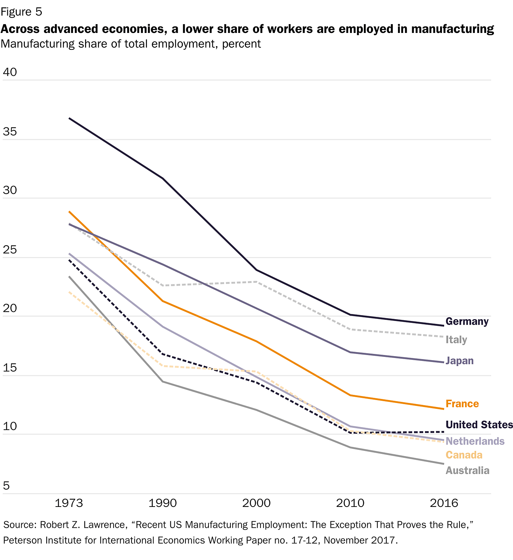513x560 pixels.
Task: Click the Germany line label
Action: point(467,321)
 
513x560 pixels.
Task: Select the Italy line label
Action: point(456,340)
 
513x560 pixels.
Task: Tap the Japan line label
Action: point(460,361)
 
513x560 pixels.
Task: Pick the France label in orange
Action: point(462,404)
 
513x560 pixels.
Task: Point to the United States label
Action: point(479,425)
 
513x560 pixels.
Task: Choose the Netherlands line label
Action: point(475,441)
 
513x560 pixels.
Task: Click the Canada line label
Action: point(464,455)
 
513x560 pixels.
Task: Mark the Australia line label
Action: point(467,470)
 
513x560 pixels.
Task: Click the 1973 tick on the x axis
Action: point(69,503)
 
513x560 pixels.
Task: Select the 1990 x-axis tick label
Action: point(163,503)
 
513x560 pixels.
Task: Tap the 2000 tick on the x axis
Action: point(256,503)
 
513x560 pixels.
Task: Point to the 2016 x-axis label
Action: point(444,503)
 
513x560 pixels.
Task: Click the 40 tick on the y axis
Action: point(10,72)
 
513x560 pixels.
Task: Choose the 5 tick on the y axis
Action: point(6,486)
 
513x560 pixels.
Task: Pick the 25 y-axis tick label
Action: point(10,250)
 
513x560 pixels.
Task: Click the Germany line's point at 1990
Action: point(163,178)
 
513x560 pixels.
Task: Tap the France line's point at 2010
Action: point(350,395)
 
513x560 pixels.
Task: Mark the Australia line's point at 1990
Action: point(163,382)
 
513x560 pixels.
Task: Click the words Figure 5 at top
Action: point(21,12)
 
